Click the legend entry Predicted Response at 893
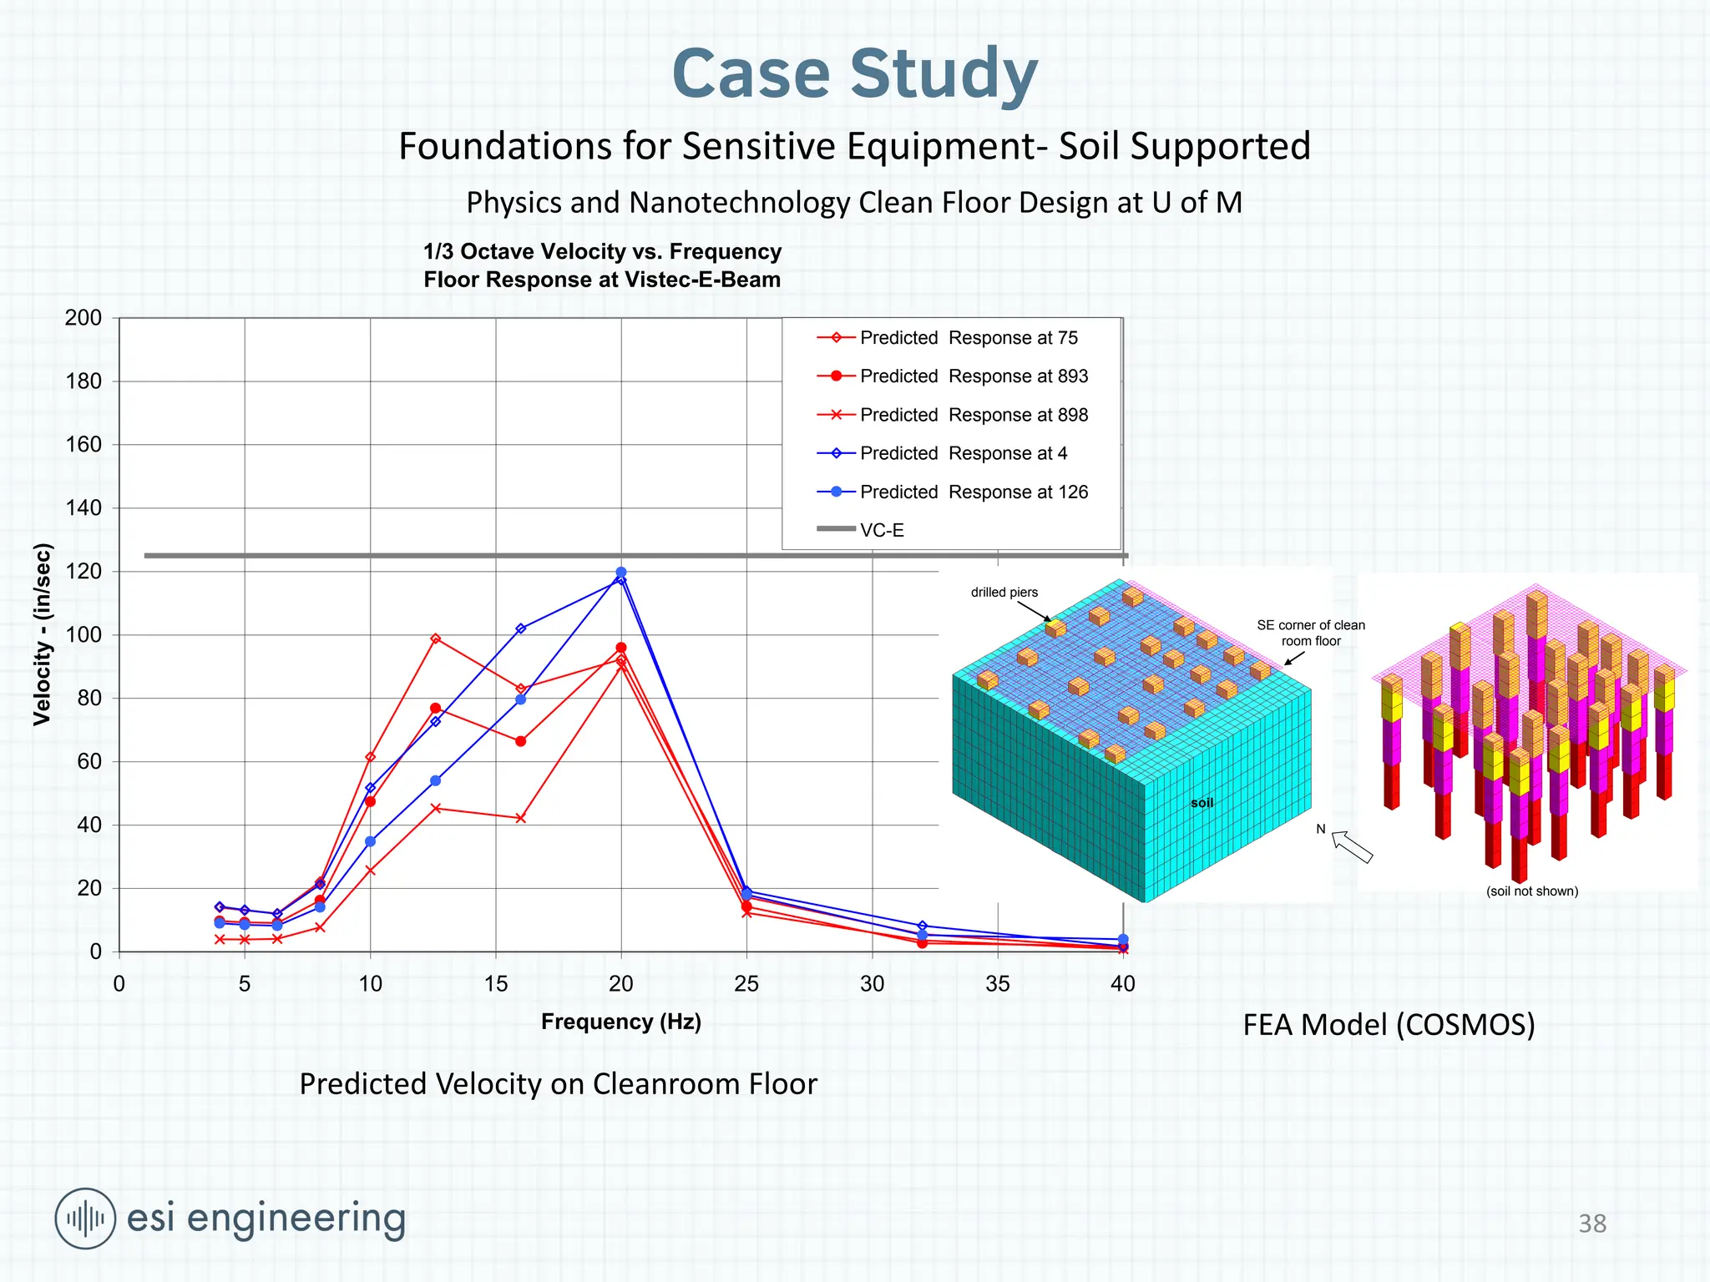pyautogui.click(x=974, y=376)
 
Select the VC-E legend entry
pyautogui.click(x=882, y=530)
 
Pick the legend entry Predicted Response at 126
pyautogui.click(x=974, y=492)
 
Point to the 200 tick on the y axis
pyautogui.click(x=83, y=318)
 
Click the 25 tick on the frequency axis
pyautogui.click(x=746, y=984)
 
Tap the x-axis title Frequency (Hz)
pyautogui.click(x=620, y=1022)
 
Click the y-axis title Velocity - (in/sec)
pyautogui.click(x=43, y=634)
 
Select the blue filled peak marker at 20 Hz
pyautogui.click(x=621, y=573)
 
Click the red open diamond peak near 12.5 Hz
pyautogui.click(x=435, y=638)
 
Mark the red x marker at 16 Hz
pyautogui.click(x=521, y=818)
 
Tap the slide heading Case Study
pyautogui.click(x=854, y=73)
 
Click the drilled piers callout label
pyautogui.click(x=1004, y=593)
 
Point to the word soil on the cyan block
pyautogui.click(x=1202, y=803)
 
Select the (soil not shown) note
pyautogui.click(x=1532, y=891)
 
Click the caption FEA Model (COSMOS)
pyautogui.click(x=1389, y=1025)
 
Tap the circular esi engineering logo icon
pyautogui.click(x=85, y=1219)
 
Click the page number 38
pyautogui.click(x=1592, y=1224)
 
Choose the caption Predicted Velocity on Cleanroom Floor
pyautogui.click(x=558, y=1084)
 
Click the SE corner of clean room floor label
pyautogui.click(x=1310, y=633)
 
